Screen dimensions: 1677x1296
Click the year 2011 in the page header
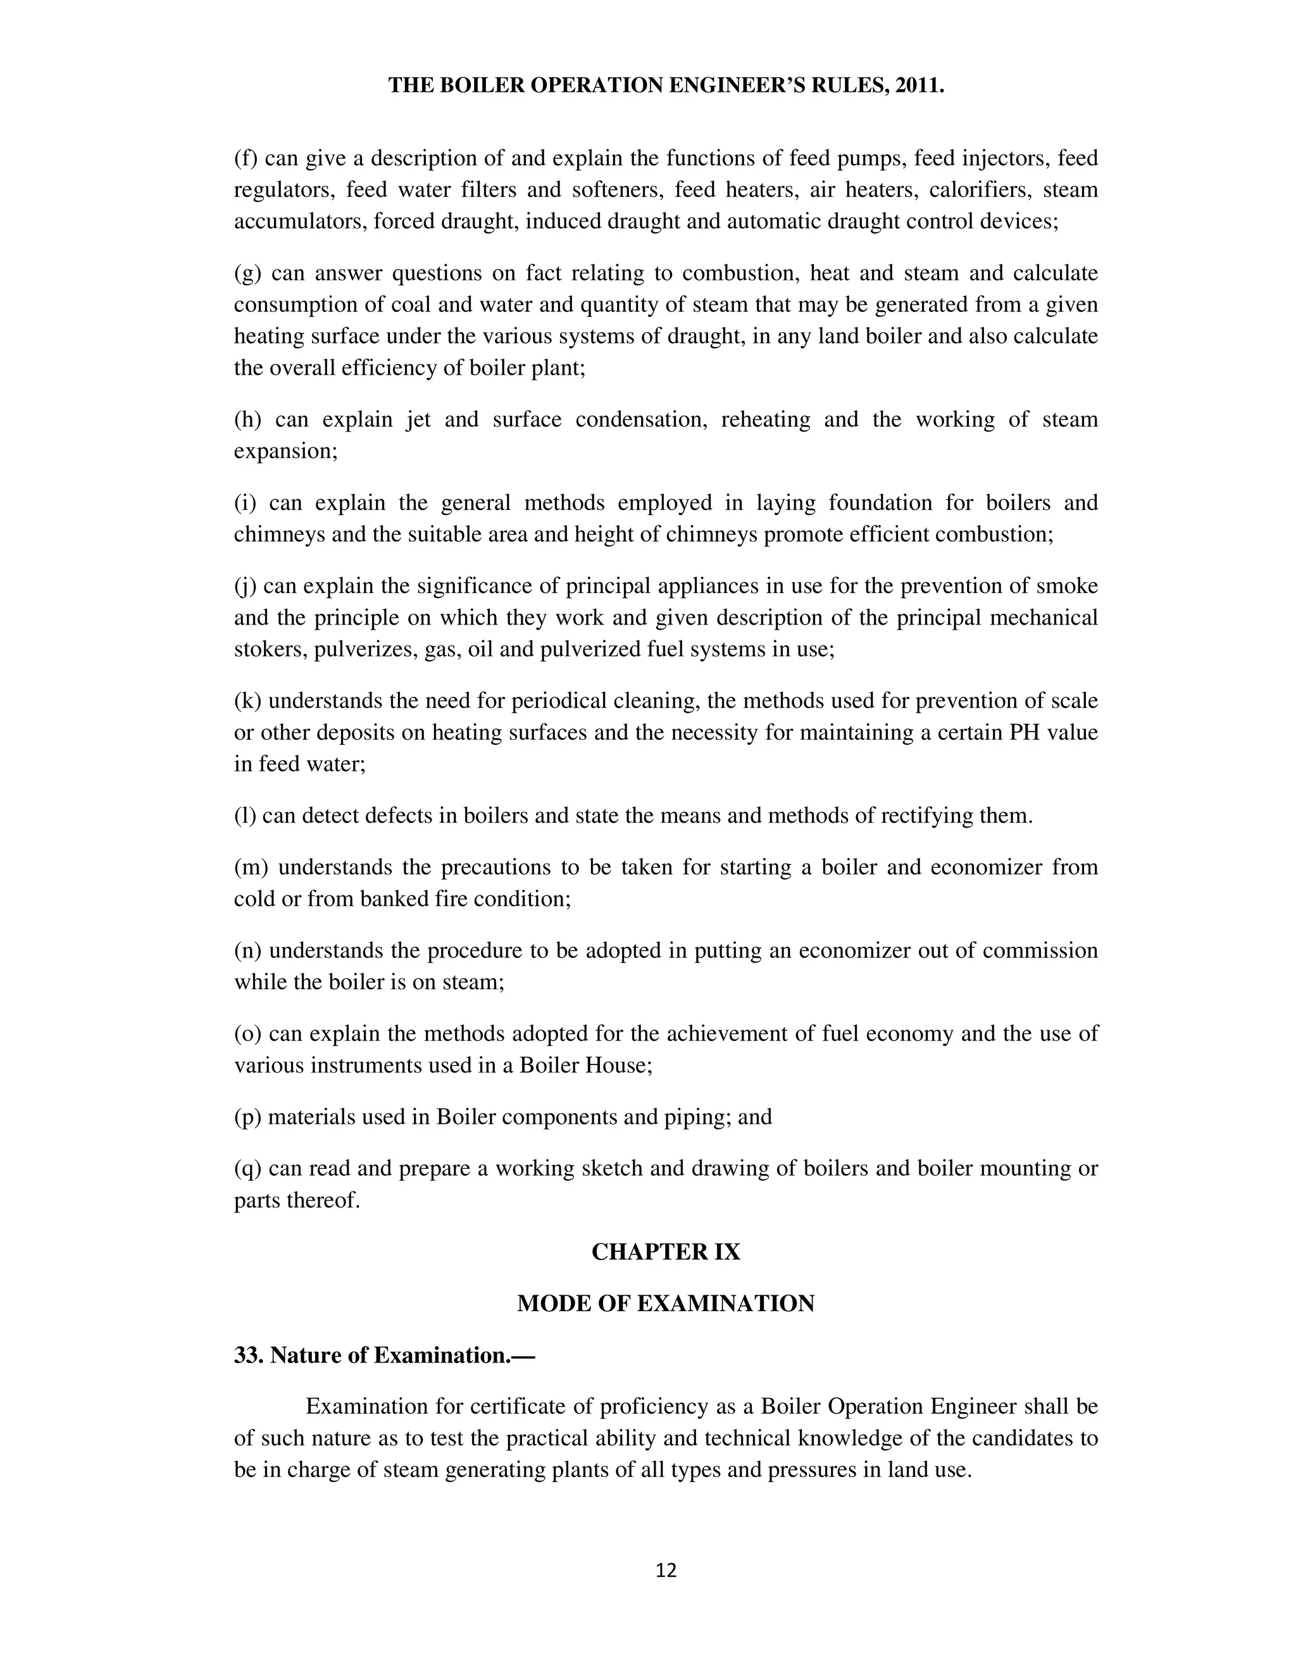pos(918,85)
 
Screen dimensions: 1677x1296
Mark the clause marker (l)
pos(245,816)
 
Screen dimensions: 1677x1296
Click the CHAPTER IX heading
pos(666,1252)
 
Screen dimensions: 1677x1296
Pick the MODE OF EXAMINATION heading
pos(666,1304)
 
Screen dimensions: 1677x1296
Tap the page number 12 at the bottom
pos(666,1571)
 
